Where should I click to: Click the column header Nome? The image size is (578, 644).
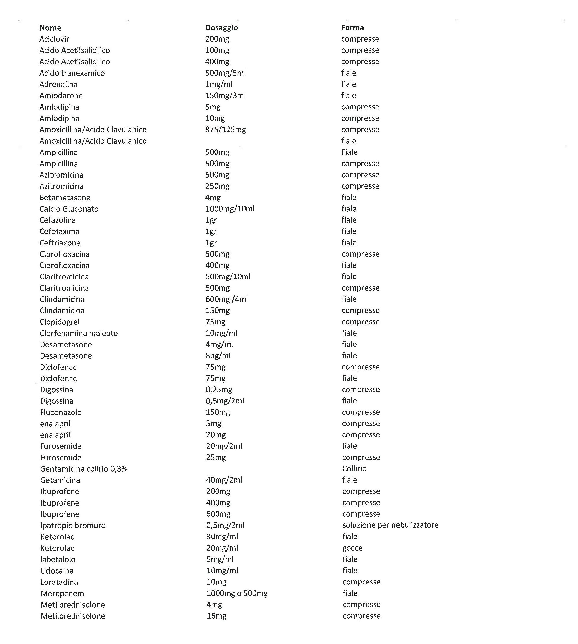[50, 28]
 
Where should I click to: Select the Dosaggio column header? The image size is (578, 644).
[221, 28]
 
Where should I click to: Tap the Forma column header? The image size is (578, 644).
[352, 28]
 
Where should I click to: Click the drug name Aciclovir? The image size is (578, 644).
[54, 39]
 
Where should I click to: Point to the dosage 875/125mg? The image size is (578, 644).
[226, 130]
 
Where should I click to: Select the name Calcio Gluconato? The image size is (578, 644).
[69, 209]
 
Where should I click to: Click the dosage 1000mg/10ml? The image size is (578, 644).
[230, 209]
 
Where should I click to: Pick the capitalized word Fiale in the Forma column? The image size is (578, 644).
[349, 152]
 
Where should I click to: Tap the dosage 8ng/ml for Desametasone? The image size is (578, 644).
[218, 356]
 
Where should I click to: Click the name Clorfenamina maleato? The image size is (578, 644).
[79, 333]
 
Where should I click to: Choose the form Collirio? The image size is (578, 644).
[354, 469]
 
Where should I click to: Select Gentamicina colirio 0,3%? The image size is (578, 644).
[84, 469]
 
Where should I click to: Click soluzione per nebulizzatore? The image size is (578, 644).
[390, 525]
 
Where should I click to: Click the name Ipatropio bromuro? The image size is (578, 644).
[73, 525]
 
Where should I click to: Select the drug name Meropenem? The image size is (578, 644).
[62, 594]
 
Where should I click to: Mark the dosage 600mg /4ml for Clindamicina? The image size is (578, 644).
[227, 299]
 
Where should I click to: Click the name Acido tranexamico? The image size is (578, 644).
[72, 73]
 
